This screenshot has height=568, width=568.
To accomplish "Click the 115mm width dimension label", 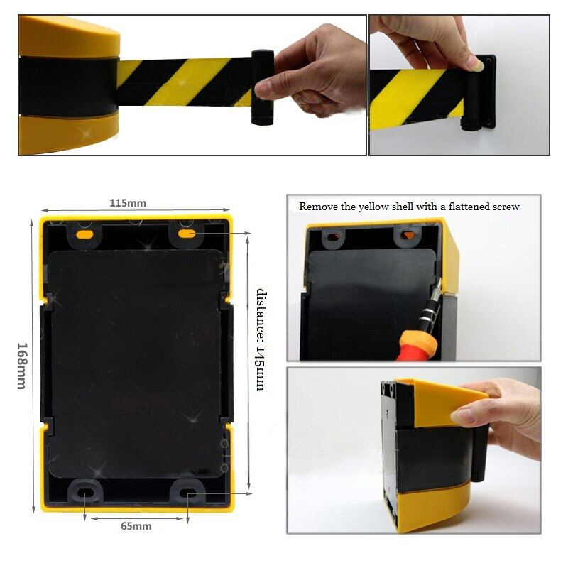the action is (x=128, y=203).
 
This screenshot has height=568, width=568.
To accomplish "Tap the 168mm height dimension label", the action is (x=22, y=366).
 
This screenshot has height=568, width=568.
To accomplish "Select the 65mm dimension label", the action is (x=136, y=526).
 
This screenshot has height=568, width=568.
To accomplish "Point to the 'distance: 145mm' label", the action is (x=261, y=340).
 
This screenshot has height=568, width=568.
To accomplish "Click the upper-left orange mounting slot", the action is (x=84, y=234).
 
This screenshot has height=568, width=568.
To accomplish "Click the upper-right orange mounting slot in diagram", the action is (x=187, y=234).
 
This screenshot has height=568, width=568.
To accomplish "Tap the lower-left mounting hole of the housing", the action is (x=84, y=493).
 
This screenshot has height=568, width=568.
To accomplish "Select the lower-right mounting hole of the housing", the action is (x=187, y=492).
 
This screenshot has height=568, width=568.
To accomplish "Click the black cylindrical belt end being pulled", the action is (x=263, y=87).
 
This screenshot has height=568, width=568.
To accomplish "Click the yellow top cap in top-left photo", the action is (x=69, y=36).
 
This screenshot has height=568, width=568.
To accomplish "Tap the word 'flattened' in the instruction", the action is (x=464, y=207).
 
